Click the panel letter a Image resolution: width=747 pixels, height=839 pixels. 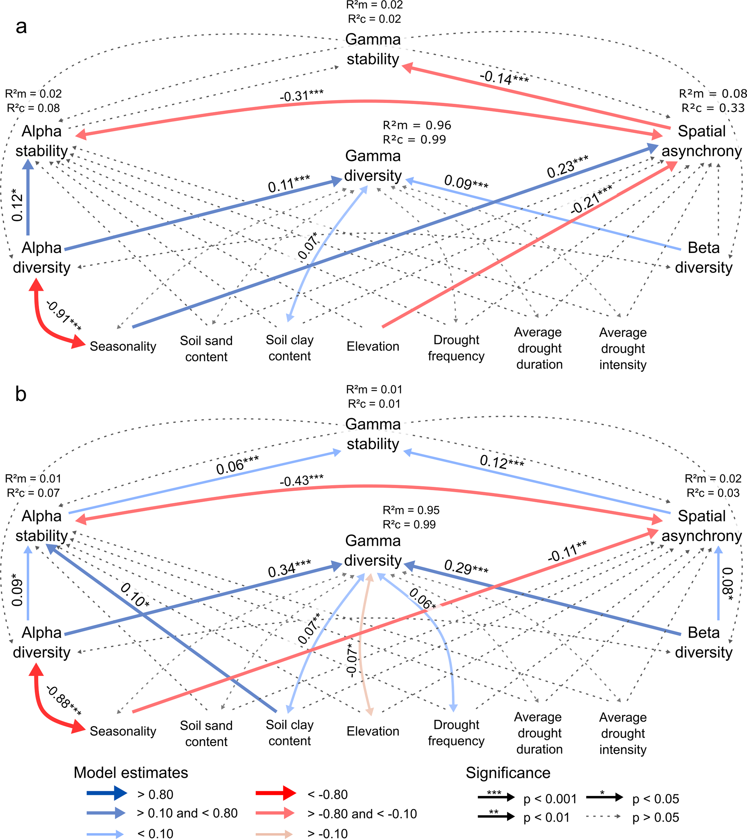tap(21, 27)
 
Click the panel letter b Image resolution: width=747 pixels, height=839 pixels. tap(21, 394)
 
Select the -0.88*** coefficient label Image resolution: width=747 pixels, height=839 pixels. tap(64, 701)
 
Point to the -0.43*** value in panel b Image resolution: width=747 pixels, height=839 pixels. tap(302, 480)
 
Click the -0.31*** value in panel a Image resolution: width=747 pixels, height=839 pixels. tap(302, 96)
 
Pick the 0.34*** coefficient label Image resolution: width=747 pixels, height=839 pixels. tap(289, 568)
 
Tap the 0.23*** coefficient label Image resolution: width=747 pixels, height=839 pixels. tap(568, 166)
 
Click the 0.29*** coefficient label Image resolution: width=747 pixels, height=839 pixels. tap(466, 567)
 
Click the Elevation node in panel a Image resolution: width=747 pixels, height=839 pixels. tap(373, 347)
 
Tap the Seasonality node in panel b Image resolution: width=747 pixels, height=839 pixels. tap(123, 731)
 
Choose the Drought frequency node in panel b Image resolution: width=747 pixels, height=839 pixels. tap(456, 733)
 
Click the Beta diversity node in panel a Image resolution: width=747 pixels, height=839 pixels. tap(704, 257)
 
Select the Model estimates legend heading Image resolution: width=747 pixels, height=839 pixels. tap(131, 773)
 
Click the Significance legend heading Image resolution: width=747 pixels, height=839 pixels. tap(508, 773)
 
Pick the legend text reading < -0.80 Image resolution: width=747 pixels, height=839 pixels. tap(327, 795)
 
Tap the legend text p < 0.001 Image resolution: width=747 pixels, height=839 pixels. tap(550, 799)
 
